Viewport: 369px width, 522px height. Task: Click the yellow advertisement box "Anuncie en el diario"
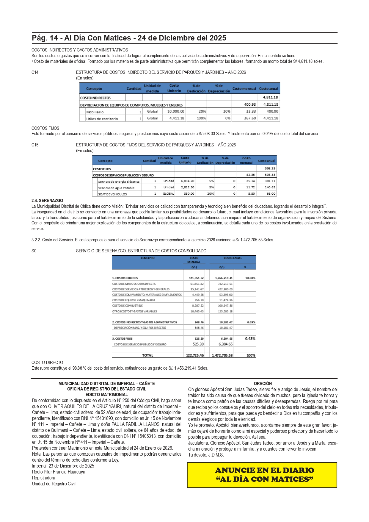[x=262, y=475]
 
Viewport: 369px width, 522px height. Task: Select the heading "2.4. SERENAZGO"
[x=47, y=201]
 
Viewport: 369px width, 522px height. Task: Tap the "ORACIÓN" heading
[x=263, y=384]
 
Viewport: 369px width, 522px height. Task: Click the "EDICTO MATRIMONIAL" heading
[x=106, y=395]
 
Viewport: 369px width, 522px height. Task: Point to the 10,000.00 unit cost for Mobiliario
[x=175, y=111]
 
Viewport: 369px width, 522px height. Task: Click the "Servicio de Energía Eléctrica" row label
[x=119, y=182]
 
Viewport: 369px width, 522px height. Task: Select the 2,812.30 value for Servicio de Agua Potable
[x=187, y=187]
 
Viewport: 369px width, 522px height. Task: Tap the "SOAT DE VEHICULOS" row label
[x=112, y=194]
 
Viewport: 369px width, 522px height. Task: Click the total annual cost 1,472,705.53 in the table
[x=222, y=355]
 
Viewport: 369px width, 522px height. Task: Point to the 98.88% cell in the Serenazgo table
[x=250, y=278]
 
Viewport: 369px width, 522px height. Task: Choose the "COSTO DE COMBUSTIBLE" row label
[x=128, y=306]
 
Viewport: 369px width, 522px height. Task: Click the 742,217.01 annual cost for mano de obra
[x=225, y=284]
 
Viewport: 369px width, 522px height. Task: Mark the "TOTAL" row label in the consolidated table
[x=147, y=355]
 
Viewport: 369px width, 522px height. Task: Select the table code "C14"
[x=35, y=72]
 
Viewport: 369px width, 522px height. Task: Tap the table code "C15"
[x=35, y=145]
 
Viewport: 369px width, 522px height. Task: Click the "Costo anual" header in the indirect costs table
[x=268, y=89]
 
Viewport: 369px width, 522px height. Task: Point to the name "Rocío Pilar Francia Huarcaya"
[x=59, y=472]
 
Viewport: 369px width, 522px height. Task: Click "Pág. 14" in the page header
[x=45, y=38]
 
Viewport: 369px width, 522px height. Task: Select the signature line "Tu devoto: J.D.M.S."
[x=206, y=455]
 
